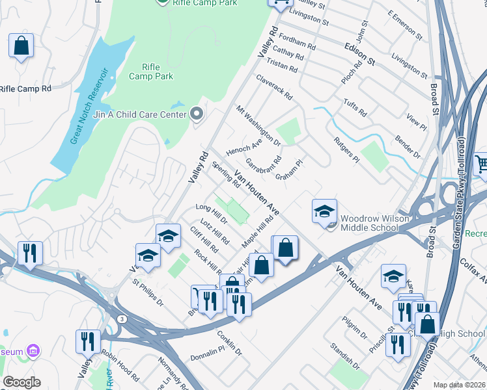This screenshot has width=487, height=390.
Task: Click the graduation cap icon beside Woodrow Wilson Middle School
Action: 324,212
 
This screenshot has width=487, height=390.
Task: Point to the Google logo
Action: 21,382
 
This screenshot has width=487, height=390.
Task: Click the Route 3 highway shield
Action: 122,318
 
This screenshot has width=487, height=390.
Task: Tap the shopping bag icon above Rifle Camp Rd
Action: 21,47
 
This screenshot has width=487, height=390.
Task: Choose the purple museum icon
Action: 33,352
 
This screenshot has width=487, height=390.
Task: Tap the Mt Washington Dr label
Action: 258,125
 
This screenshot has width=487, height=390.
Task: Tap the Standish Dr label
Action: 344,354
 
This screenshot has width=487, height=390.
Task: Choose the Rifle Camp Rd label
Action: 25,88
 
